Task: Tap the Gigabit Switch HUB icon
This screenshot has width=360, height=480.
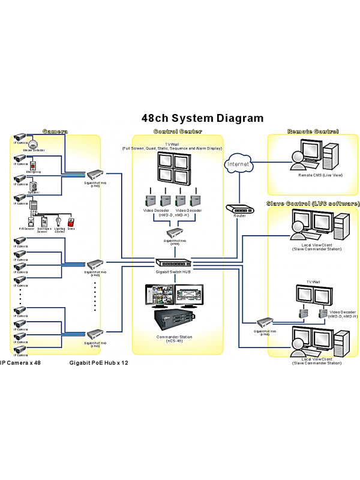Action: [x=175, y=262]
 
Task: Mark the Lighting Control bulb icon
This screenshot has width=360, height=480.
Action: [x=59, y=221]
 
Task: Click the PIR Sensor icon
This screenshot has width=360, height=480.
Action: [x=25, y=221]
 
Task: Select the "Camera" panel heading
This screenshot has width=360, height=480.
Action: [x=55, y=131]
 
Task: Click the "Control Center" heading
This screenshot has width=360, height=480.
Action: [x=178, y=131]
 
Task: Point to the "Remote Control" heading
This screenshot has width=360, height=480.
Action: [x=313, y=131]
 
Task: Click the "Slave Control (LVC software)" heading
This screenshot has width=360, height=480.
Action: [x=313, y=204]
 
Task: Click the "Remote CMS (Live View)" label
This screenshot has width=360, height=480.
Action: [x=312, y=175]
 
